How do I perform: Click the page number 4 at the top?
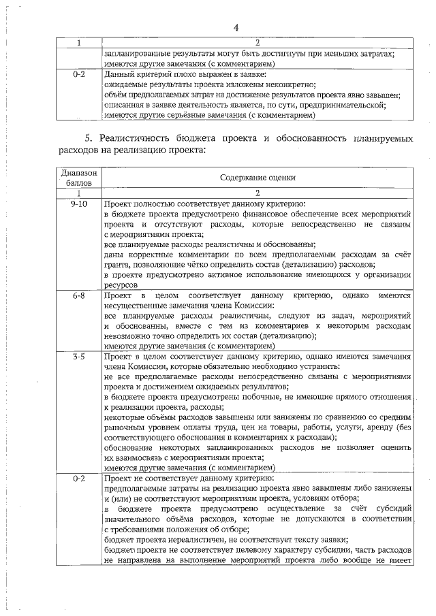click(x=236, y=27)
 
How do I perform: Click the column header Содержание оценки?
click(x=258, y=178)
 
